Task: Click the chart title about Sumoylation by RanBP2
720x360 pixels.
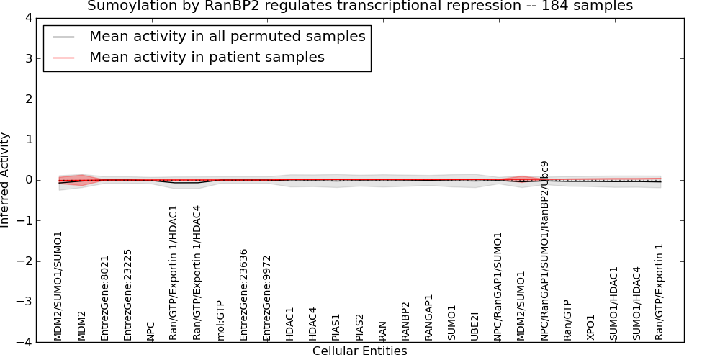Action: coord(360,6)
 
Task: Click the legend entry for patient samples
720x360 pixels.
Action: coord(207,58)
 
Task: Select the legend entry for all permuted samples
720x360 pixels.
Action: coord(228,36)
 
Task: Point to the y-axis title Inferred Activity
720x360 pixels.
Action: coord(4,180)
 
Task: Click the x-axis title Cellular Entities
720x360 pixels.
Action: coord(359,351)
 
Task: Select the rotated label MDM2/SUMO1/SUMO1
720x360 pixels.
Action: coord(58,286)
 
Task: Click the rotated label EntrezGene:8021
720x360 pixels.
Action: coord(104,299)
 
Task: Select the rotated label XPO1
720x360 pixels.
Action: coord(590,328)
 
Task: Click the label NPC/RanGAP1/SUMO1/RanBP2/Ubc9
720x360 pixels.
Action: coord(544,251)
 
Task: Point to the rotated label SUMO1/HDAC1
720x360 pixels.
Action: coord(613,304)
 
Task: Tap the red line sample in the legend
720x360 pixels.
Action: coord(63,58)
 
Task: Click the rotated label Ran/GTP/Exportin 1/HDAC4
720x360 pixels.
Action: coord(197,273)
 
